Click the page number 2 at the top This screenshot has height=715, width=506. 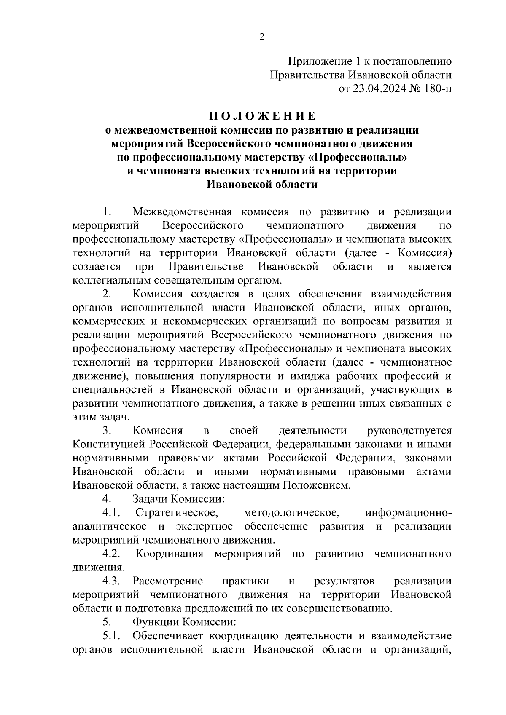(x=262, y=37)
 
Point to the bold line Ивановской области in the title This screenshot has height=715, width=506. (x=262, y=185)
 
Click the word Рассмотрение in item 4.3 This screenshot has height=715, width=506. (x=168, y=581)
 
